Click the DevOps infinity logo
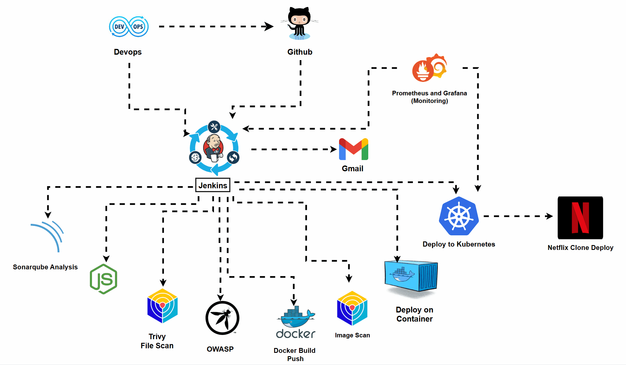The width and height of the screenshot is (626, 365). (x=129, y=27)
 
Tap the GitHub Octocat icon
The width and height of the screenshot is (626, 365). (x=299, y=24)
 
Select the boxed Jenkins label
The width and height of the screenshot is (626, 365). (x=213, y=185)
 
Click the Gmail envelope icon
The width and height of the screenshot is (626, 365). (x=353, y=149)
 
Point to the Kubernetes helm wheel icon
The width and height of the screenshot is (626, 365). (x=459, y=216)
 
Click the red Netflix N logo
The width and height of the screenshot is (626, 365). (x=580, y=218)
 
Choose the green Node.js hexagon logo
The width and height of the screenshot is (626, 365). (x=104, y=279)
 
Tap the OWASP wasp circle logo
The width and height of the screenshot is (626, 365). (x=222, y=318)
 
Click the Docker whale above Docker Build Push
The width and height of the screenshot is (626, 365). (x=296, y=317)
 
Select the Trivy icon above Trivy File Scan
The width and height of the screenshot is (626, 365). (x=162, y=306)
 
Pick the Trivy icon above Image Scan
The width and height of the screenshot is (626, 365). (x=352, y=308)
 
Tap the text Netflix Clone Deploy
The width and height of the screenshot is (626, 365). (x=580, y=247)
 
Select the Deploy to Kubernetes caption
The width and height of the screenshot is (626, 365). (x=458, y=244)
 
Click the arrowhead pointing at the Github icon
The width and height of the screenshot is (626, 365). (x=269, y=26)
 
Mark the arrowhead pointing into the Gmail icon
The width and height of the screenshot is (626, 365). (x=334, y=149)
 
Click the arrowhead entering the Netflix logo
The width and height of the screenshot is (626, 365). (x=549, y=216)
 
